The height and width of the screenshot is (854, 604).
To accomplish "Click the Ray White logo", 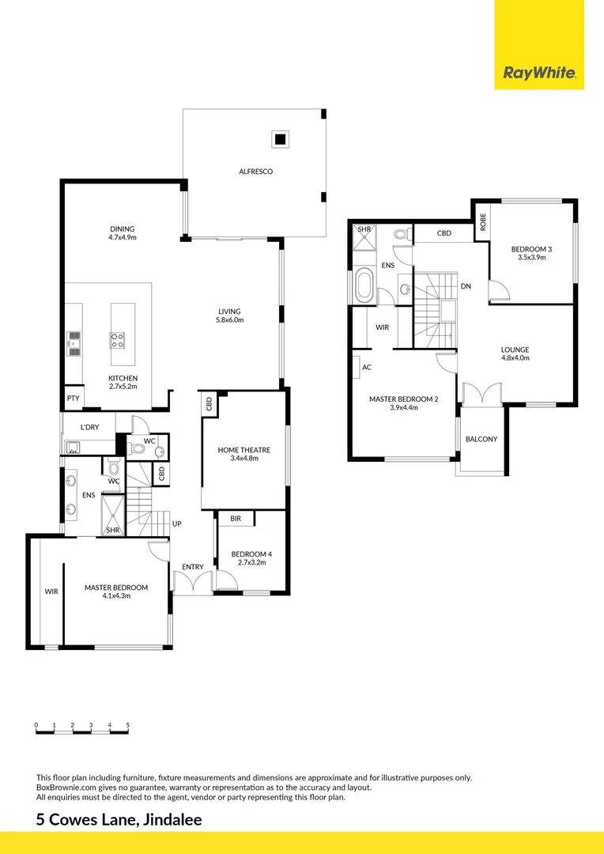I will (x=539, y=74).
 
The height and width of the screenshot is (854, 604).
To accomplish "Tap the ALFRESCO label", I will (x=256, y=171).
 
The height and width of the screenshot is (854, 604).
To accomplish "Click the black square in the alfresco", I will (x=279, y=140).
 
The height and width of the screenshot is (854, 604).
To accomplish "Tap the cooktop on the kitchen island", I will (x=117, y=340).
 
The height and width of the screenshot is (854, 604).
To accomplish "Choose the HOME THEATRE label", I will (x=244, y=454).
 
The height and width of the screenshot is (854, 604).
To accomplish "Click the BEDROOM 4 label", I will (x=251, y=559).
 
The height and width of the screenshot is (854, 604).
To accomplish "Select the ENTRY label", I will (x=192, y=566).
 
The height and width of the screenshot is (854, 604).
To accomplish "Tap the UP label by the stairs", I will (x=177, y=523).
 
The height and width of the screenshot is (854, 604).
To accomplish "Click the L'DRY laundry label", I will (x=89, y=428).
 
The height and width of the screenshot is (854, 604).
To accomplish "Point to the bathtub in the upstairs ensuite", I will (x=365, y=285).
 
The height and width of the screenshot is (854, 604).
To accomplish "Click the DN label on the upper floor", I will (x=466, y=285).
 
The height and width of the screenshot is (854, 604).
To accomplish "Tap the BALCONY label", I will (x=481, y=439).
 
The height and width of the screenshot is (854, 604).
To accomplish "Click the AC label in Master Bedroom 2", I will (x=366, y=368).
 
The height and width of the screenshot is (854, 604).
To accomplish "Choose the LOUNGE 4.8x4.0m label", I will (x=515, y=353).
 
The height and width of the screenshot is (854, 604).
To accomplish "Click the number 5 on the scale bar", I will (x=127, y=724).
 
